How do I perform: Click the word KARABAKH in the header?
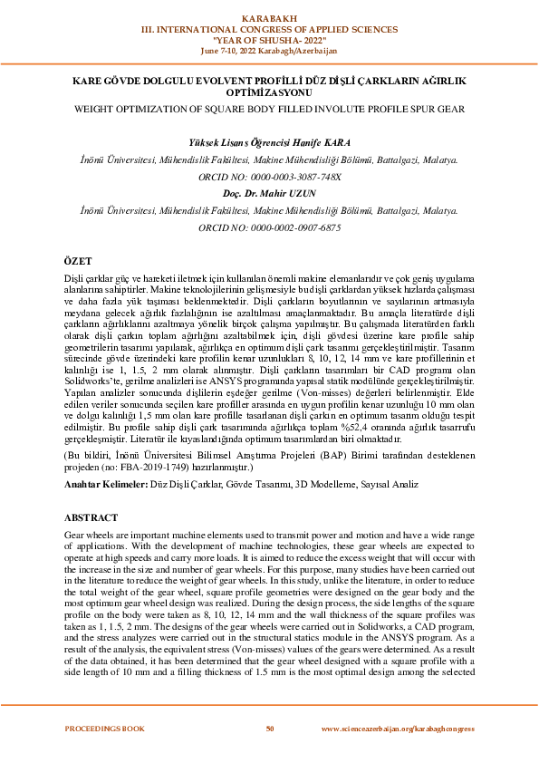pos(269,17)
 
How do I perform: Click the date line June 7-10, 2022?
pos(269,50)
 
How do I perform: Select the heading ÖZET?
pos(78,259)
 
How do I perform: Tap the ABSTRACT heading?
pos(90,517)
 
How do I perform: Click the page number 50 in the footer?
pos(269,729)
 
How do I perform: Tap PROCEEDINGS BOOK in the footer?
pos(104,729)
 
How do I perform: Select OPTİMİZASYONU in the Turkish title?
pos(269,92)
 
